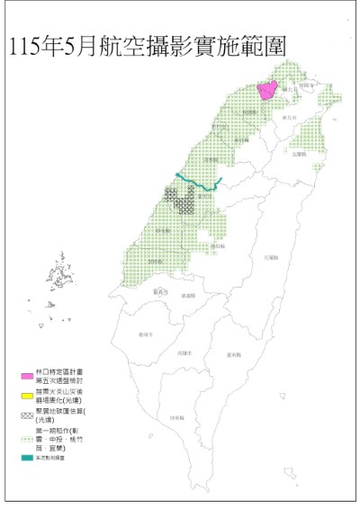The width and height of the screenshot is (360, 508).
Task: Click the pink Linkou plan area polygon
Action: pos(267,90)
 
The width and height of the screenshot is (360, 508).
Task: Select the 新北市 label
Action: pos(289,118)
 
